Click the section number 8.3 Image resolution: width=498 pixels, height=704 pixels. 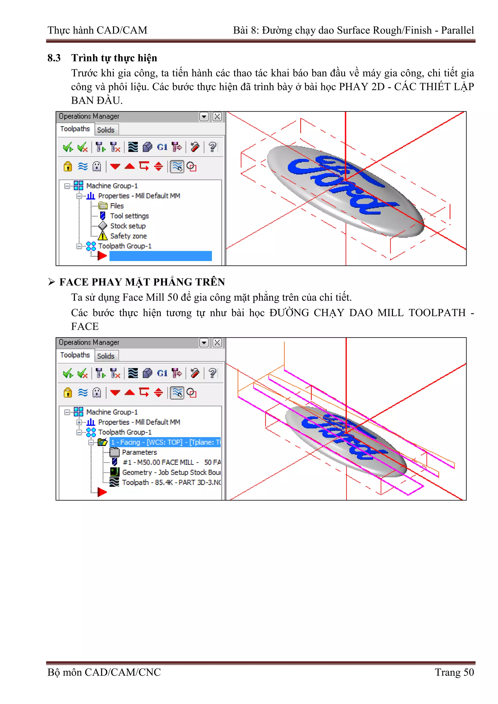point(54,58)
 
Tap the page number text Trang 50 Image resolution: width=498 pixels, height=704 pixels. point(454,672)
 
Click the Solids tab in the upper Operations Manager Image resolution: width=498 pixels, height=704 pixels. point(106,130)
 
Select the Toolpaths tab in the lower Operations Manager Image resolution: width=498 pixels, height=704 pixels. point(75,355)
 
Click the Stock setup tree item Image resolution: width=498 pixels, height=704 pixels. point(128,226)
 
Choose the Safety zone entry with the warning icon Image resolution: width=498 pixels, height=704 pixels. point(128,236)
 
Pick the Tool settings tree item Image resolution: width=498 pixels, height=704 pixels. point(129,216)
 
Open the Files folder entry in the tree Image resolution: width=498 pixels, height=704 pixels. point(117,206)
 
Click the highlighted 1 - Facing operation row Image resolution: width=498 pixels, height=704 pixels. point(165,442)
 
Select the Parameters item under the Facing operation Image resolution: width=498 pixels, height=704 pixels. point(139,452)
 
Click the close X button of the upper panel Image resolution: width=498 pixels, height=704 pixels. point(217,116)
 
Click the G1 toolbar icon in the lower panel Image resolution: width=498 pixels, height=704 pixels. point(162,374)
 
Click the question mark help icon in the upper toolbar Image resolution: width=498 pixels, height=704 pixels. point(212,147)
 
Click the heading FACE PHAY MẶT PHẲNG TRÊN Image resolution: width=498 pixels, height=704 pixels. point(142,282)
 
